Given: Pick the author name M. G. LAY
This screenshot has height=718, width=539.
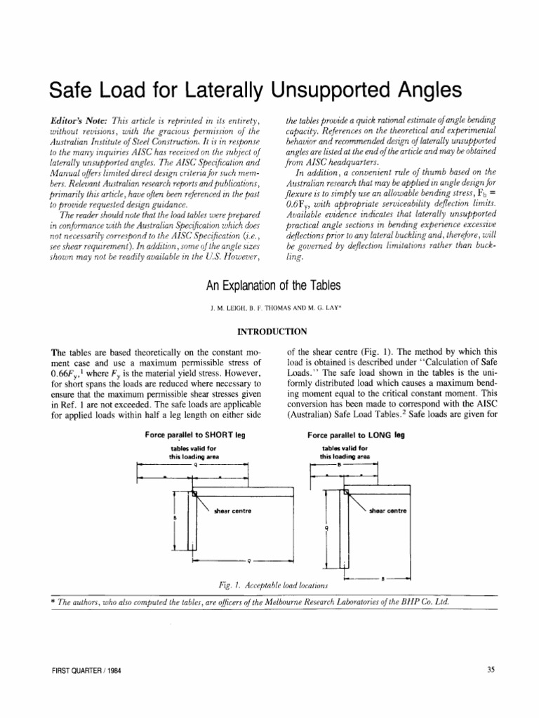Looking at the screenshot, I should (x=317, y=306).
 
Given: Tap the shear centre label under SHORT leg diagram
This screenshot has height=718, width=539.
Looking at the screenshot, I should (x=231, y=510).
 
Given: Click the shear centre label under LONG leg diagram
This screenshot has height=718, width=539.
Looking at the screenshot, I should (x=388, y=510).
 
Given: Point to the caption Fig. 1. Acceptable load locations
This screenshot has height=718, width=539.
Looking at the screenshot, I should (x=273, y=584).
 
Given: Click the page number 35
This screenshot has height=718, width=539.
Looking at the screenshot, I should (x=491, y=670).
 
